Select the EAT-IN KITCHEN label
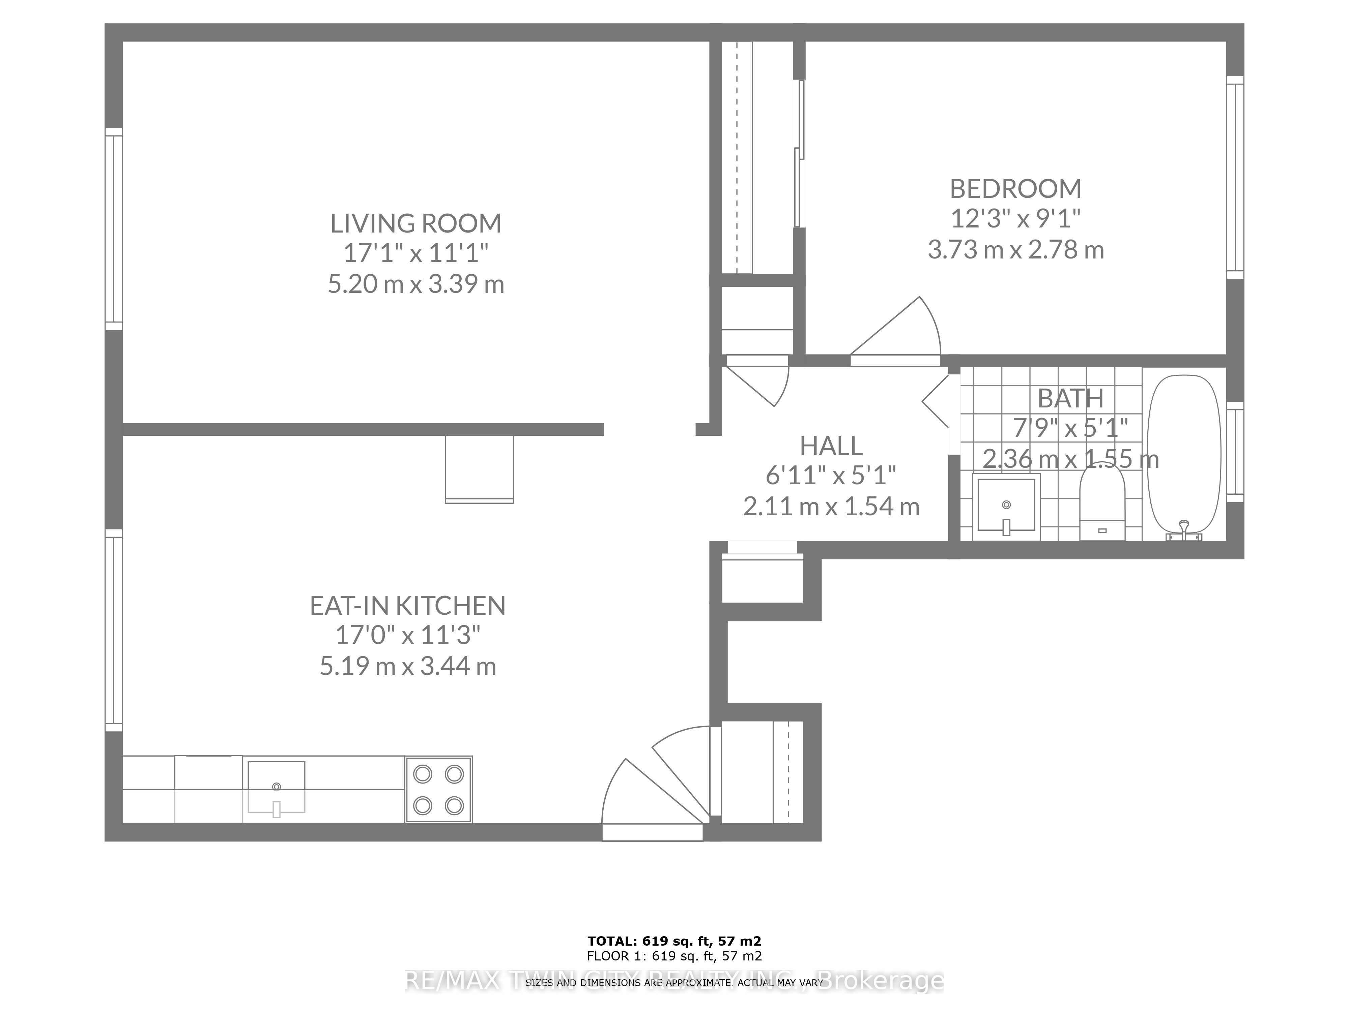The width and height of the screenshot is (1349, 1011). pos(407,606)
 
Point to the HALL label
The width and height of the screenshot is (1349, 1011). pos(831,446)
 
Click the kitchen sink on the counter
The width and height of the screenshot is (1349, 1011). pos(276,787)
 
